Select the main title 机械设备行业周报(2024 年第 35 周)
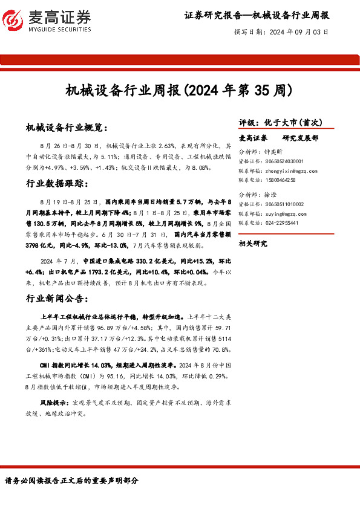pyautogui.click(x=179, y=91)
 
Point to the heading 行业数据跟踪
pyautogui.click(x=58, y=183)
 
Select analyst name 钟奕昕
pyautogui.click(x=283, y=152)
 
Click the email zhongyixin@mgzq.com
pyautogui.click(x=292, y=171)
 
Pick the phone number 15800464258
pyautogui.click(x=281, y=180)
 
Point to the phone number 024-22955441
pyautogui.click(x=282, y=223)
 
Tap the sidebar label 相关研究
pyautogui.click(x=253, y=244)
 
